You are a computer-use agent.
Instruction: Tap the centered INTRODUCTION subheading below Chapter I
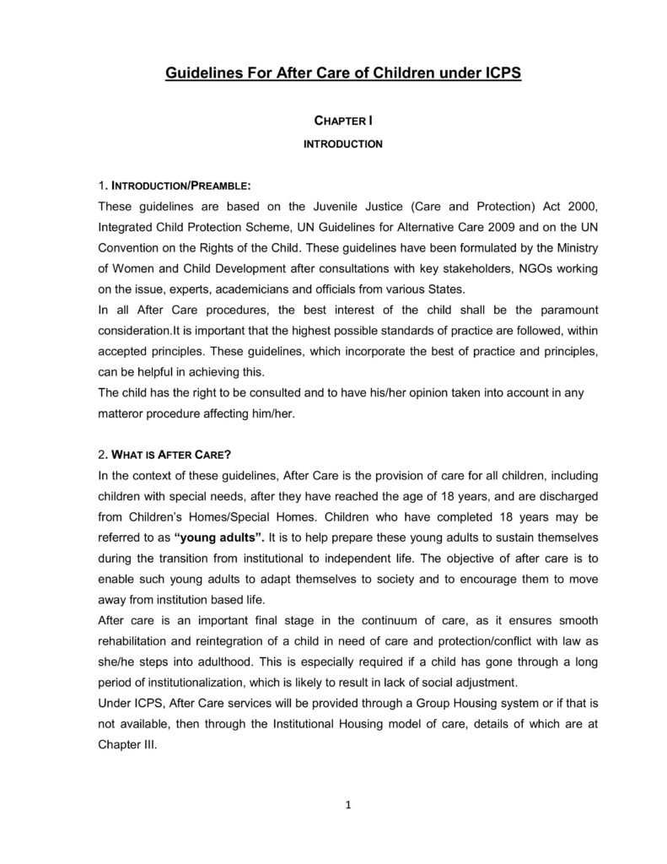[342, 144]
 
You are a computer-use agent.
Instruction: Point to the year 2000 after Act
[584, 206]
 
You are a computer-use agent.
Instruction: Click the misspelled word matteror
[123, 413]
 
